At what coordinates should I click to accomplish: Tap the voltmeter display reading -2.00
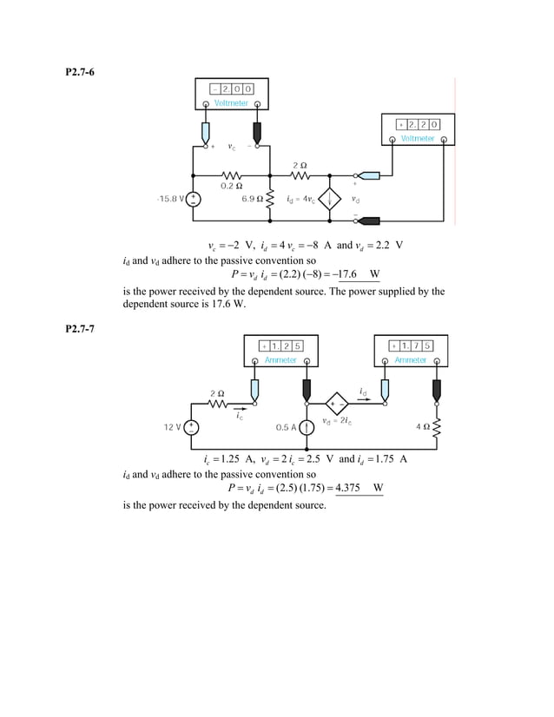[x=232, y=89]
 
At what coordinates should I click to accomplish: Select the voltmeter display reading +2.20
[x=418, y=124]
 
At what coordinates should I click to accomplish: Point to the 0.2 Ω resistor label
[x=231, y=185]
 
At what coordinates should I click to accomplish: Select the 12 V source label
[x=173, y=427]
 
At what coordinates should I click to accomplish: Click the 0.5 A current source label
[x=286, y=427]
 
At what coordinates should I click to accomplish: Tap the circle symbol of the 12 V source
[x=191, y=427]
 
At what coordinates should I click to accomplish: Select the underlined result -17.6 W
[x=361, y=276]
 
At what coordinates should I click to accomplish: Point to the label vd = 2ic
[x=336, y=423]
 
